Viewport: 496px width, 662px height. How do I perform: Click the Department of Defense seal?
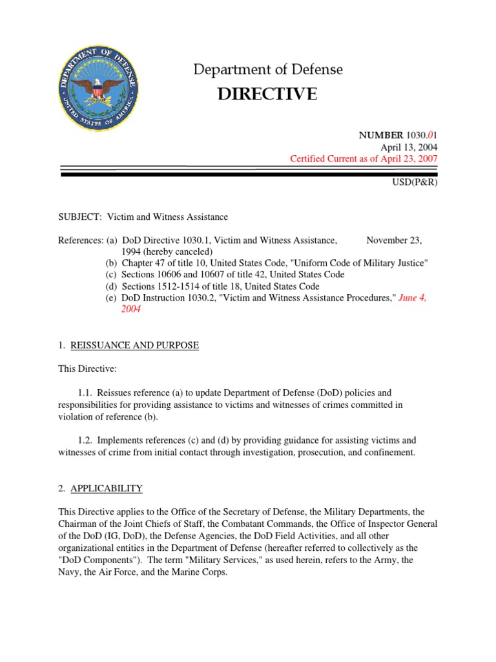(x=98, y=89)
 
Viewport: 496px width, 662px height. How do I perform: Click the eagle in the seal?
(x=98, y=87)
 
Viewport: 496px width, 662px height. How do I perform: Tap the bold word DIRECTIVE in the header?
(x=267, y=94)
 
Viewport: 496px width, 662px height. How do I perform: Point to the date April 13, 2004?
(x=409, y=147)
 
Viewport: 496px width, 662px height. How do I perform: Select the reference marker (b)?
(x=112, y=263)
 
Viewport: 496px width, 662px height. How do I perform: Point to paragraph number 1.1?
(x=86, y=392)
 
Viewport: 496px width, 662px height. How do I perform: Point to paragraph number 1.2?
(x=86, y=440)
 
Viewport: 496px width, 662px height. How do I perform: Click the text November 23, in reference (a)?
(x=394, y=240)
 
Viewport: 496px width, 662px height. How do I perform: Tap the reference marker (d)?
(x=112, y=286)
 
